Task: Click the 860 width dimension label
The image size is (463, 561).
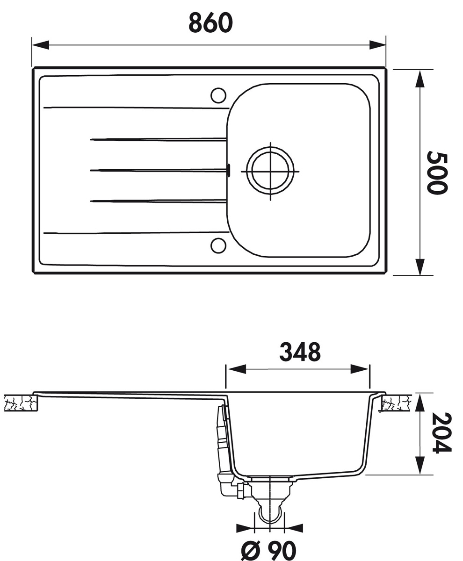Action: pos(210,23)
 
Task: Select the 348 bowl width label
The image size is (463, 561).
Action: pos(300,352)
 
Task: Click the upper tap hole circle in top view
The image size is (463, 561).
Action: pos(218,95)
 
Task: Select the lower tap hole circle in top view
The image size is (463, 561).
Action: pos(218,245)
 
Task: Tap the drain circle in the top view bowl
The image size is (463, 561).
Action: pos(270,172)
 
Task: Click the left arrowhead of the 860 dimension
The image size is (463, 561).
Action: pos(40,45)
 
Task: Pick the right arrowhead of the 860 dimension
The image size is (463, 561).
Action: pos(377,45)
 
